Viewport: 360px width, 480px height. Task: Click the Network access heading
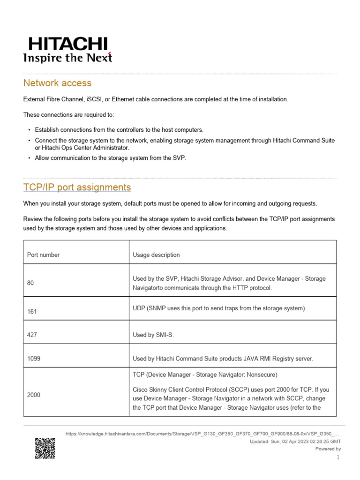[x=57, y=83]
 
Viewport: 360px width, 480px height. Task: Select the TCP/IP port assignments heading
[x=77, y=187]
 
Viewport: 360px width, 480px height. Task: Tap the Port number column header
[x=44, y=255]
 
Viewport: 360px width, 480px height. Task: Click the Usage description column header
[x=156, y=255]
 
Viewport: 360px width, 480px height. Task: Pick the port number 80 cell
[x=30, y=283]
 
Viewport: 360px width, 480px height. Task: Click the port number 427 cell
[x=32, y=335]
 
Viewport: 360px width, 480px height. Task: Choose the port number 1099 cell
[x=34, y=359]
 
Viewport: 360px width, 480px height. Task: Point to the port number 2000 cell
[x=34, y=395]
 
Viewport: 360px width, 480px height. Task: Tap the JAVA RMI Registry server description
[x=223, y=359]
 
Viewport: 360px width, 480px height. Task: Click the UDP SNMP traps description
[x=220, y=308]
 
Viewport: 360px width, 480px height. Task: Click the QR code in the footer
[x=45, y=448]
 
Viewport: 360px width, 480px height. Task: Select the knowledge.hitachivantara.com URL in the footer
[x=202, y=434]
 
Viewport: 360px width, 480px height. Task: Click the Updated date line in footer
[x=295, y=442]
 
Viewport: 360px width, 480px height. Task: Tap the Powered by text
[x=328, y=449]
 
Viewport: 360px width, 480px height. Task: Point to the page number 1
[x=338, y=457]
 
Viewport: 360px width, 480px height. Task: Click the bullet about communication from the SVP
[x=110, y=158]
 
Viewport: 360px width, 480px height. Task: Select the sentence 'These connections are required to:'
[x=68, y=115]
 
